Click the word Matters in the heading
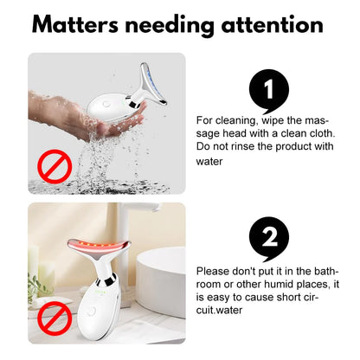[x=75, y=24]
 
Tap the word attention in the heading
[x=272, y=24]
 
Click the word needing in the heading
[x=170, y=26]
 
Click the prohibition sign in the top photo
[x=55, y=166]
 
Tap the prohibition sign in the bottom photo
[x=55, y=318]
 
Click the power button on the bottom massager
[x=92, y=311]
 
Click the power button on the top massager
[x=106, y=103]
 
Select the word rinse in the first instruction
[x=243, y=146]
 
